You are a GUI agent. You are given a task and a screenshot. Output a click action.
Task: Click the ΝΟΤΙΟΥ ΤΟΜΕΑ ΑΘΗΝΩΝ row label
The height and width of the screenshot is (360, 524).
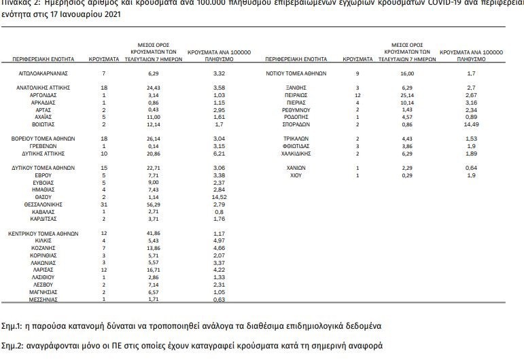coord(296,72)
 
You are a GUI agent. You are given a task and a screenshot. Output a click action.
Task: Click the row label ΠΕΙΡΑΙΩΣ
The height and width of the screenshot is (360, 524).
coord(296,95)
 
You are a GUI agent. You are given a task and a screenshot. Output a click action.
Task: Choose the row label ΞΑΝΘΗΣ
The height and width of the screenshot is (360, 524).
coord(296,88)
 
